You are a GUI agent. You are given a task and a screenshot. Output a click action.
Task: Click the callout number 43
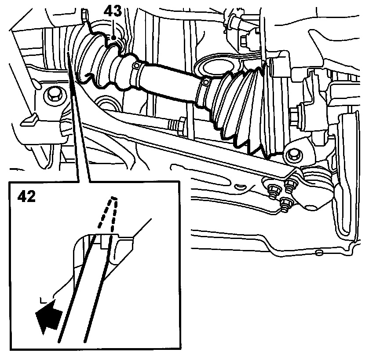click(113, 11)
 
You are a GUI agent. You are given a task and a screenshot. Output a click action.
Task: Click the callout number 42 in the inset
click(27, 196)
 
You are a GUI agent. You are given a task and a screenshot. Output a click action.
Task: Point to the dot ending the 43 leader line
click(113, 37)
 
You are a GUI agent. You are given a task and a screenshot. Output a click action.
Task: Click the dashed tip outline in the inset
click(108, 213)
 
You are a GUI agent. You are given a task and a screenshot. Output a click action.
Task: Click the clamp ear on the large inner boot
click(206, 83)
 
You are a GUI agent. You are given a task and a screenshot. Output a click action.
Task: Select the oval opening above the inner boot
click(218, 67)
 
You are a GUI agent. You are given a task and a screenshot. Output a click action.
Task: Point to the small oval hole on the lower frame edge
click(319, 253)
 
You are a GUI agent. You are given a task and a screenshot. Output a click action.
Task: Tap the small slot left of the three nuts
click(241, 187)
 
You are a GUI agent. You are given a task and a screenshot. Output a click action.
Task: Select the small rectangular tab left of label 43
click(84, 16)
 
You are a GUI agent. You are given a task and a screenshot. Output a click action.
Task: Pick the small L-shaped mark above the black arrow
click(44, 301)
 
